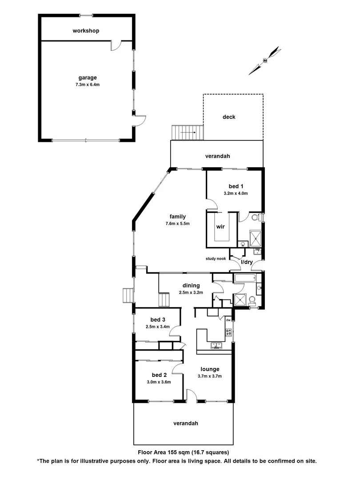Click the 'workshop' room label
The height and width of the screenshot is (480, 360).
pos(86,31)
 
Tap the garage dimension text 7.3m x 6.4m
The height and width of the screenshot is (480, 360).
pos(86,84)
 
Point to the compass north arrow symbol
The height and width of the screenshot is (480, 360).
pos(265,60)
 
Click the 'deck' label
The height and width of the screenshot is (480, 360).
pos(229,117)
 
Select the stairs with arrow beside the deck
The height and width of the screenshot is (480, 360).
pos(188,132)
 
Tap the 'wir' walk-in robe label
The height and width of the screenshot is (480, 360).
pos(220,227)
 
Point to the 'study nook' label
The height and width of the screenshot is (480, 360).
pos(216,259)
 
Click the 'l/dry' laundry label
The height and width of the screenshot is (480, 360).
pos(247,262)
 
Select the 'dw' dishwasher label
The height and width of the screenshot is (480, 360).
pos(228,320)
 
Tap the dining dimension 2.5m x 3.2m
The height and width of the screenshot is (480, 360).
pos(191,292)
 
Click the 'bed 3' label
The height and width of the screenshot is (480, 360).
pos(158,320)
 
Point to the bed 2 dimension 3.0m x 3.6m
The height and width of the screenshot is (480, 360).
pos(158,382)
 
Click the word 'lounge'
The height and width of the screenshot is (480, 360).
pos(210,369)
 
